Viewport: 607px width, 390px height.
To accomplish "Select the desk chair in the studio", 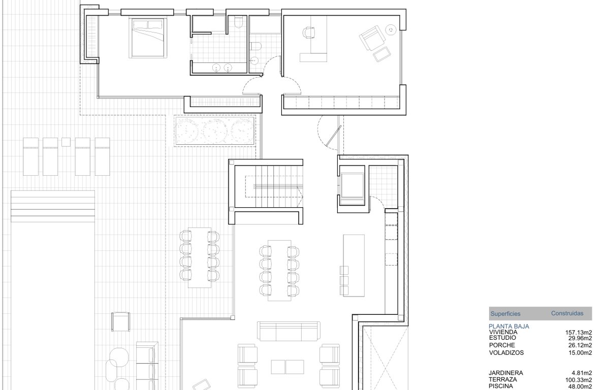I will (x=309, y=33).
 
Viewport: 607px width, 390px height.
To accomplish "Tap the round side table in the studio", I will (x=391, y=30).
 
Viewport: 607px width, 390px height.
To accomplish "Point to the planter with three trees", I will (x=214, y=131).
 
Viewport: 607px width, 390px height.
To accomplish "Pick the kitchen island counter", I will (x=354, y=265).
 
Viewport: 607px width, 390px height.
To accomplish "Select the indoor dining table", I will (x=278, y=269).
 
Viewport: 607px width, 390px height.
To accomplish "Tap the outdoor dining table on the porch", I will (x=200, y=257).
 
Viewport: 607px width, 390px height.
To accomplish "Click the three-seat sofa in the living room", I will (x=288, y=332).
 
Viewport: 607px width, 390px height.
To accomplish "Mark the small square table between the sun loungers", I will (x=66, y=142).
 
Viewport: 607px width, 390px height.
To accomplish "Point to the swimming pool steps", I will (x=53, y=206).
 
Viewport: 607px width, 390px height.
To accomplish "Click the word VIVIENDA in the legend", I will (x=502, y=332).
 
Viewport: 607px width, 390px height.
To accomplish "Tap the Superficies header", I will (x=504, y=314).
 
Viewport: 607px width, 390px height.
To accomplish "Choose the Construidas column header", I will (x=567, y=314).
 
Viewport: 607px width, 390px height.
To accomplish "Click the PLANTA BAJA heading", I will (x=509, y=327).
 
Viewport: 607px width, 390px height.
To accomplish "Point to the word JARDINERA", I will (x=506, y=373).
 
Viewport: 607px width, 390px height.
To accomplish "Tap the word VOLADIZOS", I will (x=506, y=352).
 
